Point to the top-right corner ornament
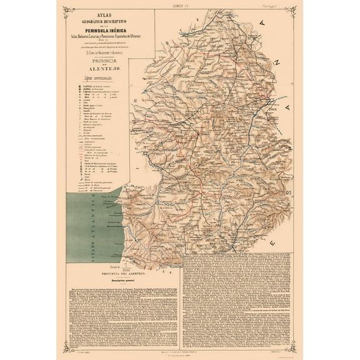pyautogui.click(x=292, y=9)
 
